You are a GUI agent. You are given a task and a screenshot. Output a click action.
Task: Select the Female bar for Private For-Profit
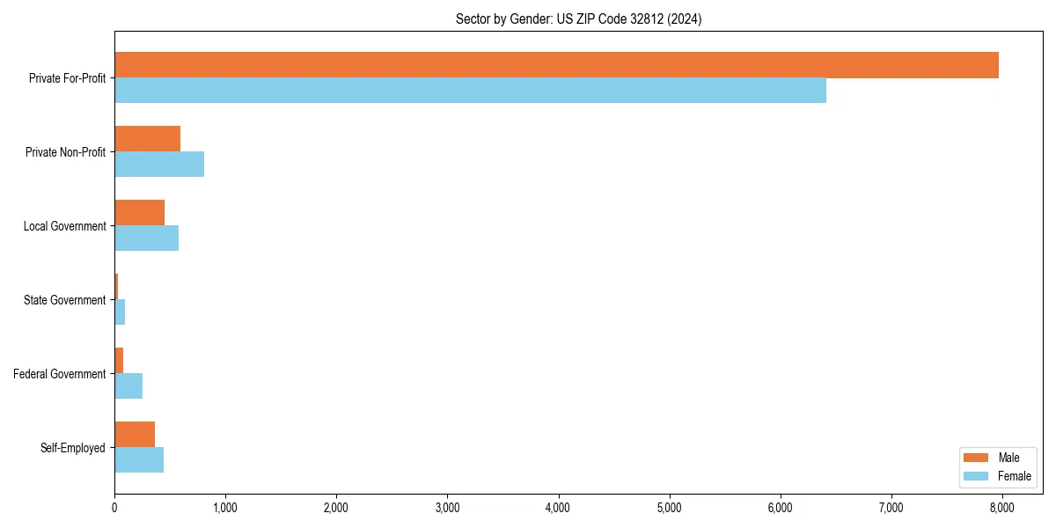[x=470, y=91]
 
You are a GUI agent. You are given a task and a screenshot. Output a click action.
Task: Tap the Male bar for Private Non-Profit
[x=147, y=139]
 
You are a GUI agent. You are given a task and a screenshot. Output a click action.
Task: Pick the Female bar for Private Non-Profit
[x=159, y=165]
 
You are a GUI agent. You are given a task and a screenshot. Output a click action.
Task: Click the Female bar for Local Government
[x=146, y=238]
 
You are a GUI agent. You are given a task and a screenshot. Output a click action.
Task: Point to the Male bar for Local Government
[x=139, y=213]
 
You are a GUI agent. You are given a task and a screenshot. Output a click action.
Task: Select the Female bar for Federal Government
[x=128, y=386]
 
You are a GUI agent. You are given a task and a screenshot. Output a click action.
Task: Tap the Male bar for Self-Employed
[x=135, y=435]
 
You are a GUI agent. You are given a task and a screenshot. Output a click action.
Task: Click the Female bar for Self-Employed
[x=139, y=460]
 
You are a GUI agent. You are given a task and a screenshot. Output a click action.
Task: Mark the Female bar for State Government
[x=120, y=312]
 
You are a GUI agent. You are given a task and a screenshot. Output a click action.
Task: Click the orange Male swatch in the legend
[x=977, y=458]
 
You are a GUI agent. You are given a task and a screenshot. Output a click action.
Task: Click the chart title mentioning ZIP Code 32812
[x=578, y=18]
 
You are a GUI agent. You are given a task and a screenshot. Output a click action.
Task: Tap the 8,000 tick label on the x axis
[x=1002, y=508]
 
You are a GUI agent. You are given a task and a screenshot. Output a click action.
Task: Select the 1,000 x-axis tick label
[x=225, y=508]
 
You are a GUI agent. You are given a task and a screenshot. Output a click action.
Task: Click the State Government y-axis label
[x=64, y=300]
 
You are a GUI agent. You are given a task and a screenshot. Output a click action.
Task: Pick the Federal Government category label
[x=59, y=374]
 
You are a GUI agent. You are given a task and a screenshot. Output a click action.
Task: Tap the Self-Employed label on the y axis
[x=72, y=448]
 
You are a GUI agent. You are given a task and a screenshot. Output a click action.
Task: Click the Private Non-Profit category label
[x=65, y=152]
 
